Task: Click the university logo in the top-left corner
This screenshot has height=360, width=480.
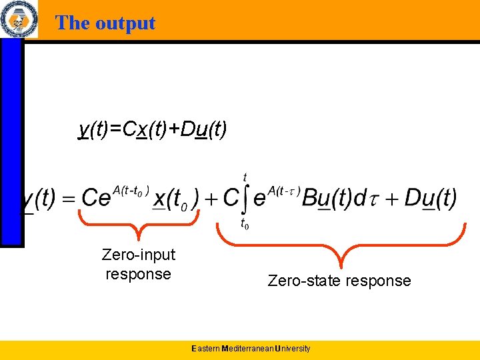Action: tap(19, 19)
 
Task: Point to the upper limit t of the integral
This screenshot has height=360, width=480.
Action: tap(246, 177)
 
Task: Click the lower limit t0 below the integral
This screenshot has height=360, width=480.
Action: tap(245, 224)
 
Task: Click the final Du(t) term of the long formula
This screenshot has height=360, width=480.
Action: tap(431, 199)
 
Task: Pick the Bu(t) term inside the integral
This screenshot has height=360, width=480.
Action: tap(326, 199)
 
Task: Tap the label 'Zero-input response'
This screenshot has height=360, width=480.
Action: tap(139, 264)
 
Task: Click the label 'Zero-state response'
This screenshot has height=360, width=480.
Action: tap(339, 281)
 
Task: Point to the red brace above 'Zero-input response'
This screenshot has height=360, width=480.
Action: tap(139, 227)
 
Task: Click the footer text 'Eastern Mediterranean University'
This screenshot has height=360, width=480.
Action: tap(250, 349)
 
